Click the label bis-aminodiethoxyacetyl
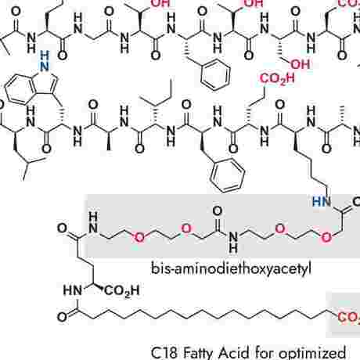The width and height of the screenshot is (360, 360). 231,268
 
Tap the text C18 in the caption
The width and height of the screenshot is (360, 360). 164,353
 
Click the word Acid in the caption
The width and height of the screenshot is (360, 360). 233,353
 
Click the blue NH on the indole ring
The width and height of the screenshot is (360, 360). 45,62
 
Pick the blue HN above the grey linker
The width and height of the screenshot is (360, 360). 322,201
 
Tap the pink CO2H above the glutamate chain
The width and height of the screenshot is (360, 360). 277,78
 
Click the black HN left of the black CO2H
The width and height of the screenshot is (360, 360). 73,290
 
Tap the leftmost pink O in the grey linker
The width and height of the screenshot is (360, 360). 139,237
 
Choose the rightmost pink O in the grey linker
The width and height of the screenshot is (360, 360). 326,237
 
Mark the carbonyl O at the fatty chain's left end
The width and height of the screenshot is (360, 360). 63,317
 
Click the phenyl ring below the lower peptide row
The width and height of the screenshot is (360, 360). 228,176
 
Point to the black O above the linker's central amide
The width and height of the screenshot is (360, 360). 218,211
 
